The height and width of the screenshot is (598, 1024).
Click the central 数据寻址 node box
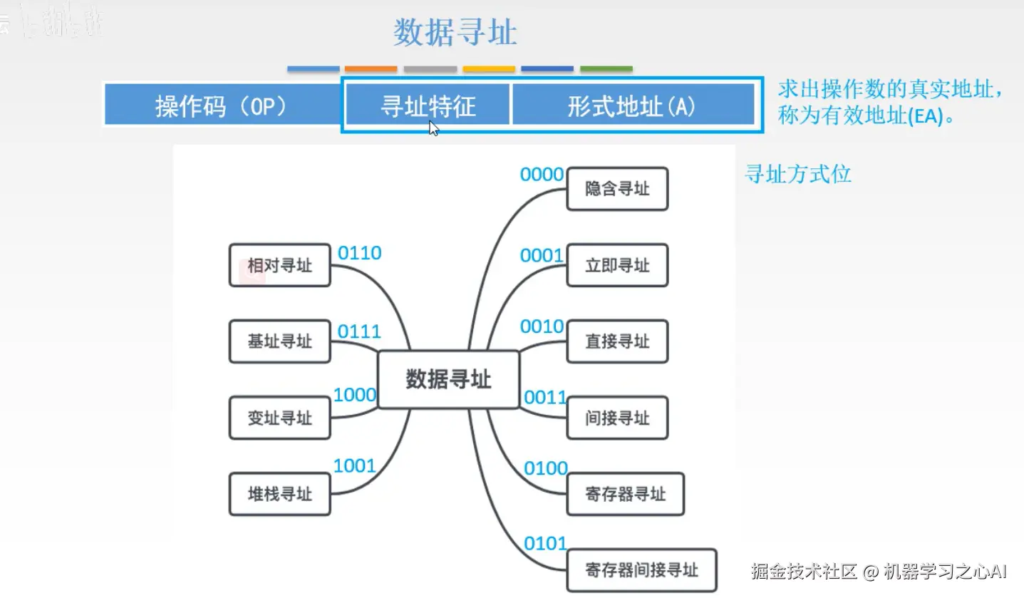pyautogui.click(x=448, y=379)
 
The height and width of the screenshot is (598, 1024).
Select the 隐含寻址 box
pyautogui.click(x=617, y=189)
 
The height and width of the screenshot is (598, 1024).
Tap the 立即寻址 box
pyautogui.click(x=617, y=265)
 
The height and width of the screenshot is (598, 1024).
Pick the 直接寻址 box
pyautogui.click(x=617, y=341)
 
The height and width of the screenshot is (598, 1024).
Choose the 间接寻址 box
pyautogui.click(x=617, y=418)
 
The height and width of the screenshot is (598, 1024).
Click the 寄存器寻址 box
pyautogui.click(x=625, y=494)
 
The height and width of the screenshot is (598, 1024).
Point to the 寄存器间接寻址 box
pyautogui.click(x=641, y=570)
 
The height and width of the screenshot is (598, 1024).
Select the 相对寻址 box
pyautogui.click(x=279, y=265)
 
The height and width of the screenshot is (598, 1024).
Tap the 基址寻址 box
pyautogui.click(x=279, y=341)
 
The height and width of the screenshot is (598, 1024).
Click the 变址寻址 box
pyautogui.click(x=279, y=418)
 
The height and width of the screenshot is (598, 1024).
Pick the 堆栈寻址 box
pyautogui.click(x=279, y=494)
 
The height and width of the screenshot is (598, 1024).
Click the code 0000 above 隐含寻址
pyautogui.click(x=542, y=175)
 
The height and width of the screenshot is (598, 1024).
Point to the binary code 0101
pyautogui.click(x=546, y=544)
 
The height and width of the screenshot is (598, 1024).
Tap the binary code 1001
pyautogui.click(x=354, y=466)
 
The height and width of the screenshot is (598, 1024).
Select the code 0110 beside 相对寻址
pyautogui.click(x=359, y=253)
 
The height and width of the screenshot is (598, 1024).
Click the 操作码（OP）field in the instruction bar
pyautogui.click(x=221, y=107)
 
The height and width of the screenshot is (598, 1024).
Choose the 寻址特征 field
pyautogui.click(x=428, y=107)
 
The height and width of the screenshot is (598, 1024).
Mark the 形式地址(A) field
pyautogui.click(x=632, y=107)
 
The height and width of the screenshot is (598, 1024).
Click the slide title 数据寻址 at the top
pyautogui.click(x=455, y=33)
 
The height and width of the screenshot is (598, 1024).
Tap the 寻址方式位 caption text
pyautogui.click(x=798, y=174)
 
